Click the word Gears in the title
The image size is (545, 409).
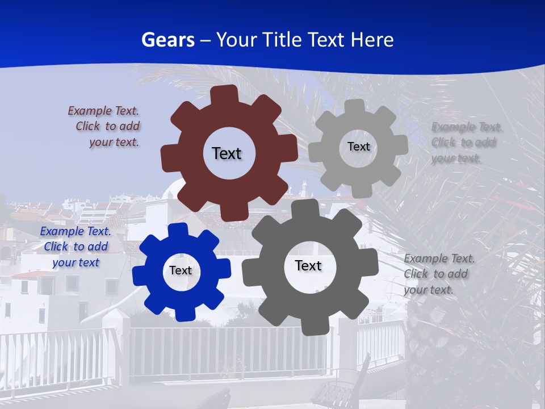pyautogui.click(x=167, y=40)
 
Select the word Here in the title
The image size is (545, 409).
pyautogui.click(x=372, y=40)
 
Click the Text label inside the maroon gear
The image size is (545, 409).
pyautogui.click(x=227, y=153)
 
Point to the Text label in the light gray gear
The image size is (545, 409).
pyautogui.click(x=358, y=147)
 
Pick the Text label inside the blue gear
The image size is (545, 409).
pyautogui.click(x=181, y=271)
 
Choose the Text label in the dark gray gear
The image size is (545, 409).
pyautogui.click(x=308, y=266)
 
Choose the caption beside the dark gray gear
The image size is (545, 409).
pyautogui.click(x=439, y=274)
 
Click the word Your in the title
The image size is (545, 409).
pyautogui.click(x=237, y=40)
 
